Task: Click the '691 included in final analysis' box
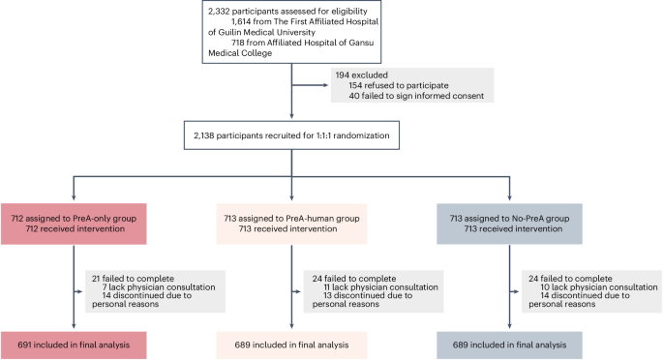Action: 74,344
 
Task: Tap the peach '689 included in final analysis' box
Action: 292,344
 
